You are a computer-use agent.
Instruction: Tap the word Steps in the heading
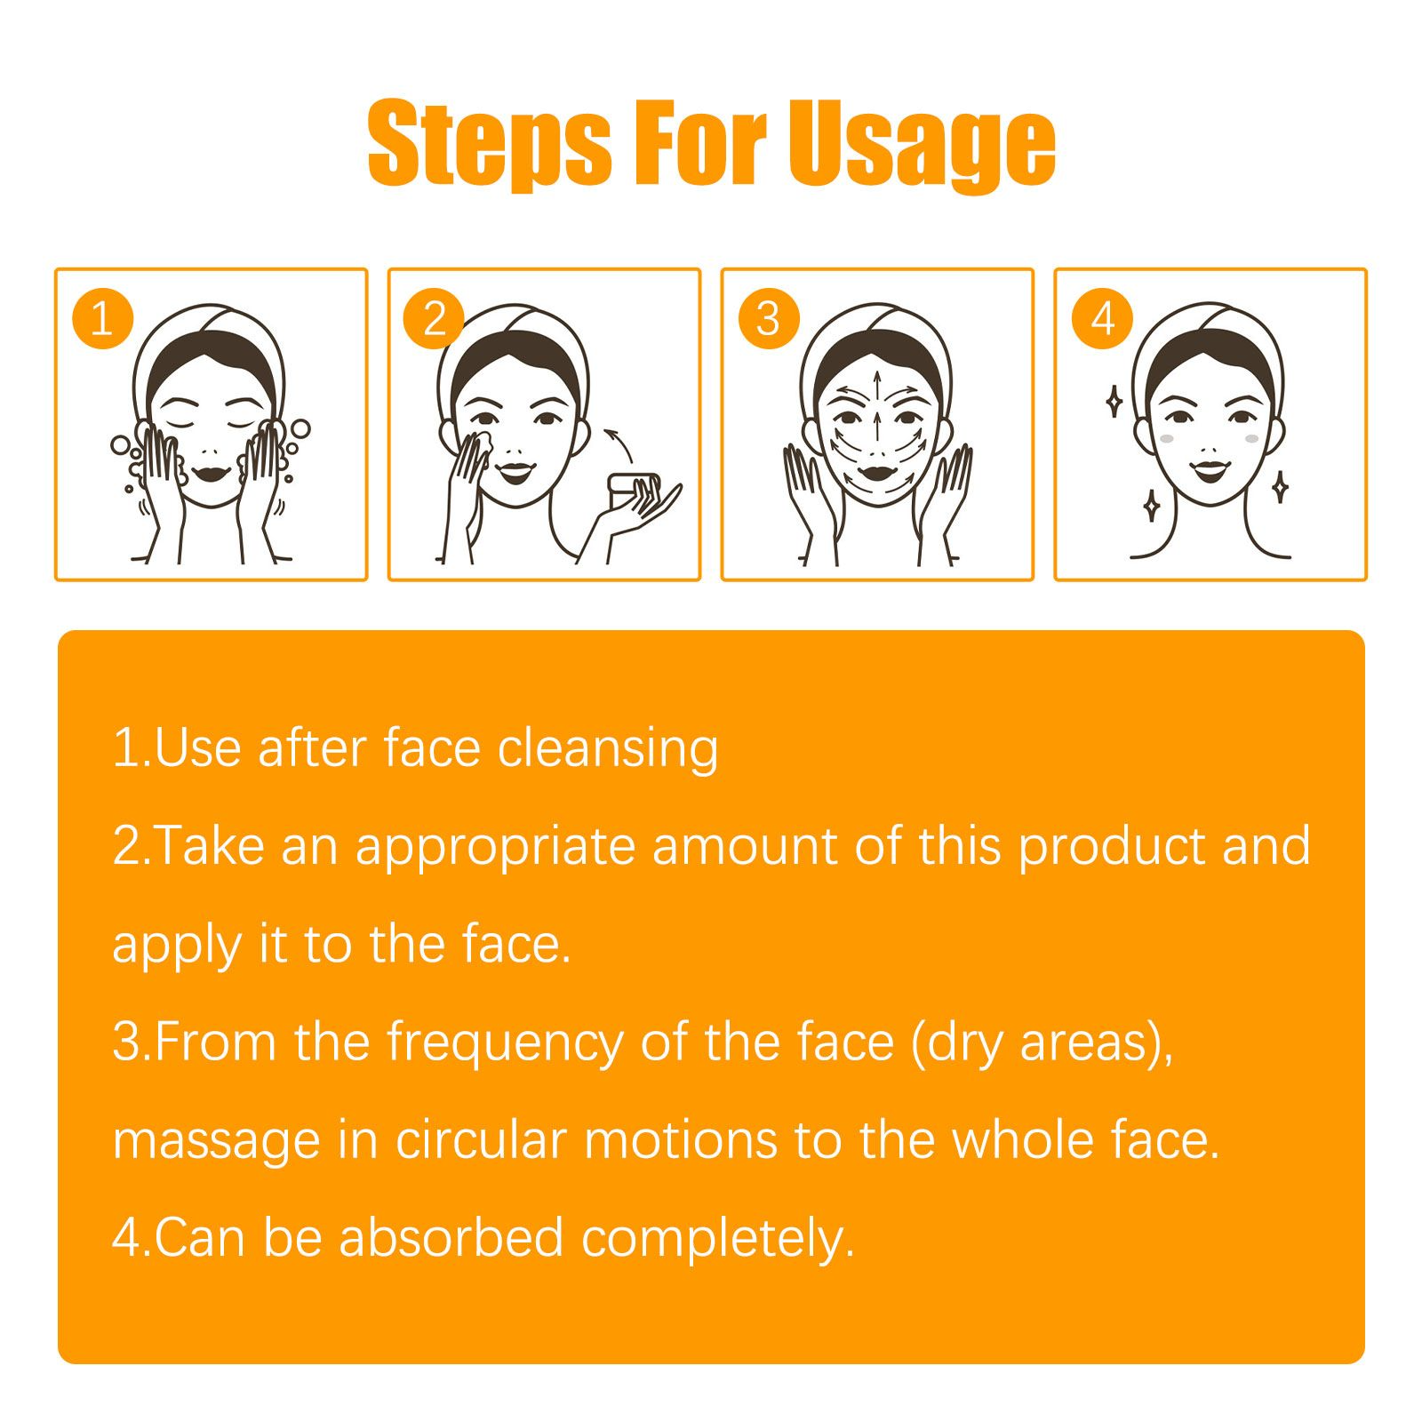coord(489,144)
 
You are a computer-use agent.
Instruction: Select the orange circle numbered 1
coord(102,318)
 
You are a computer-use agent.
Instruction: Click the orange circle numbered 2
coord(434,318)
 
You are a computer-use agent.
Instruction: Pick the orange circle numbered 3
coord(769,318)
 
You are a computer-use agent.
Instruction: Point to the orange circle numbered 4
coord(1102,318)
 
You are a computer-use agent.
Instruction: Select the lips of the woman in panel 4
coord(1209,468)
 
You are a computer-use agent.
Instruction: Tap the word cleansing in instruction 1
coord(608,748)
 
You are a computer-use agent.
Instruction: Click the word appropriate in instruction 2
coord(495,846)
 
